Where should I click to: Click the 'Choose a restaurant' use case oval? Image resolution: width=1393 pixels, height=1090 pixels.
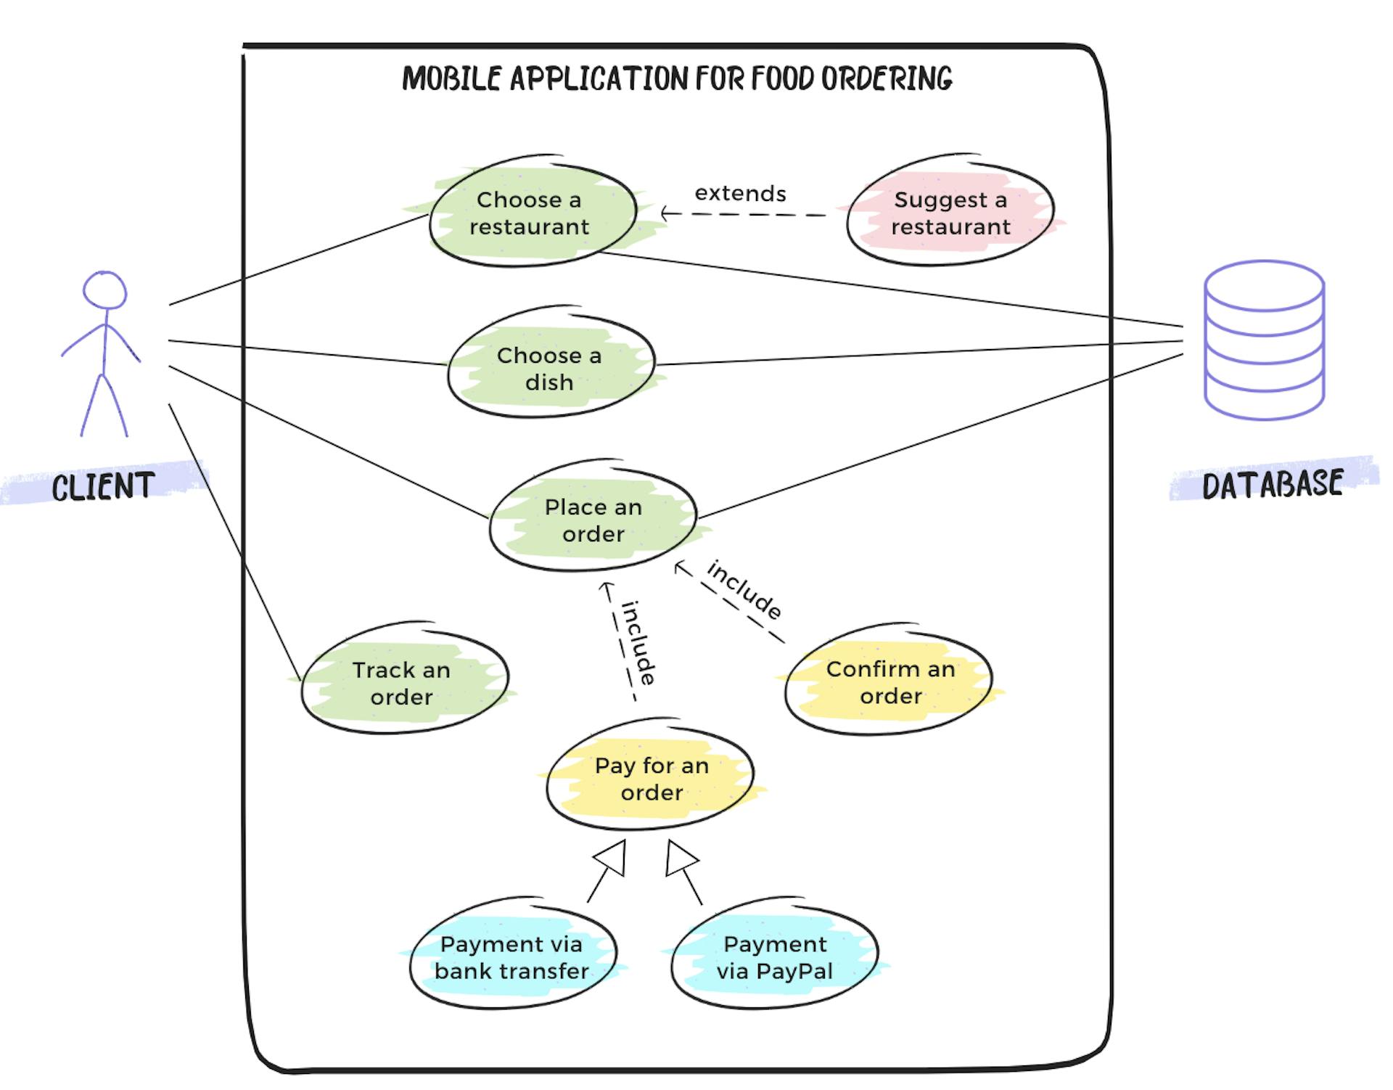click(x=531, y=213)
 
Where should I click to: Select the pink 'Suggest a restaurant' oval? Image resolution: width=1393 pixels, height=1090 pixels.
click(x=950, y=212)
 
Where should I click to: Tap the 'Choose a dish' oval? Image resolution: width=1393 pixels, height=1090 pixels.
click(x=550, y=368)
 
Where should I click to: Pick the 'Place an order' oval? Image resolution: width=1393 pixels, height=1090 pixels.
click(x=593, y=520)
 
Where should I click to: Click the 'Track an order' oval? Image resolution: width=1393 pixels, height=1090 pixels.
click(x=403, y=682)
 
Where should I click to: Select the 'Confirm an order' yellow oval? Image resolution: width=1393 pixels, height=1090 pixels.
click(x=890, y=681)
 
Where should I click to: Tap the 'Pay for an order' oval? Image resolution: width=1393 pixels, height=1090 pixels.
click(x=651, y=778)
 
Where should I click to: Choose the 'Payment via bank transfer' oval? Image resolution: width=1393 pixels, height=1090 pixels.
click(x=511, y=957)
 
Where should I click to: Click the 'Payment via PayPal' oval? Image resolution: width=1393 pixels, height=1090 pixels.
click(x=774, y=957)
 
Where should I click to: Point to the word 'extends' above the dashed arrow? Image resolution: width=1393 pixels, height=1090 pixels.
click(x=740, y=194)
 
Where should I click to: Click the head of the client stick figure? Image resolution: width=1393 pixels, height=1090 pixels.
click(x=104, y=290)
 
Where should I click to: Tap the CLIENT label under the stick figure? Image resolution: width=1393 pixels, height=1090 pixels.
click(x=103, y=485)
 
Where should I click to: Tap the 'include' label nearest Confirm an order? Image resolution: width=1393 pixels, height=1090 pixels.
click(x=744, y=590)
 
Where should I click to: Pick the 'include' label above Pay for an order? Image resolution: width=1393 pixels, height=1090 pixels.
click(x=639, y=643)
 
